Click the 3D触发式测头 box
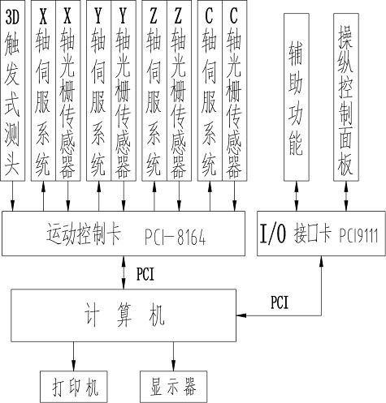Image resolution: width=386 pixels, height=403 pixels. pos(12,91)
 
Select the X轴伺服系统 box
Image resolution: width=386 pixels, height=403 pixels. pos(43,91)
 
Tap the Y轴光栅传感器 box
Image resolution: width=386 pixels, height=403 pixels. pos(124,91)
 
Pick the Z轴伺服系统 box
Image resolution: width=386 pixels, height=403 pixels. pos(154,91)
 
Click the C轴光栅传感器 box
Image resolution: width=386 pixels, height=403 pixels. pos(235,91)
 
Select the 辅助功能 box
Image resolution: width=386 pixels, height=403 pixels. pos(297,97)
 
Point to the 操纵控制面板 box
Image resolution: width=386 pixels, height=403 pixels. pos(346,97)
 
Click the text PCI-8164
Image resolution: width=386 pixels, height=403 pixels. pos(176,238)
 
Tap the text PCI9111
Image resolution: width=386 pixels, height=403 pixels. pos(358,235)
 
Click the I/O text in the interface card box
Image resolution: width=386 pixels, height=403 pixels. pos(273,234)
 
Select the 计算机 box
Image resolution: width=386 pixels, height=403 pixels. pos(124,315)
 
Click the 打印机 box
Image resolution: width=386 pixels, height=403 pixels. pos(74,387)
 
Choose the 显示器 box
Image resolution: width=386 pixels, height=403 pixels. pos(173,387)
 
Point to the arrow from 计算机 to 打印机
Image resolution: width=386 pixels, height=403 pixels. pos(73,356)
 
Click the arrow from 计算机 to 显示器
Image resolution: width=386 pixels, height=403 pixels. pos(173,356)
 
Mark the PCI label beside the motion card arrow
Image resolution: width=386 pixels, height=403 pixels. pos(145,273)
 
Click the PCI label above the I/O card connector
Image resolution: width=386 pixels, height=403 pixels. pos(280,302)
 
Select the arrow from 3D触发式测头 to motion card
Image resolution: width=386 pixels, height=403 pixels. pos(12,196)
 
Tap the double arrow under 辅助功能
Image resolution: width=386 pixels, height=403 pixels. pos(297,196)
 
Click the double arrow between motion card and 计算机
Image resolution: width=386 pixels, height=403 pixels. pos(124,272)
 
